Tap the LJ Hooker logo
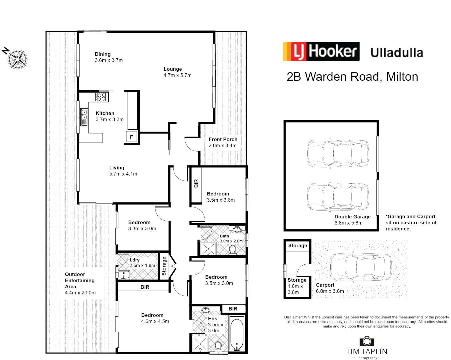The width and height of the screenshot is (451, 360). [x=321, y=51]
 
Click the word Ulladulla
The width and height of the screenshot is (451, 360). [x=397, y=53]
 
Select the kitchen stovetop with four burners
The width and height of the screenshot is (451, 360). [x=101, y=97]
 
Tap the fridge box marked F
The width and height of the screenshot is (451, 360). [x=131, y=137]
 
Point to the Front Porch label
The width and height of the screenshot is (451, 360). [x=223, y=139]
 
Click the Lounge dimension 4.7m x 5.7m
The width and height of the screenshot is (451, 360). [x=177, y=75]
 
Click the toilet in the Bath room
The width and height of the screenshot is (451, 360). [x=233, y=250]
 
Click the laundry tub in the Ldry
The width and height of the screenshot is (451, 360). [x=124, y=275]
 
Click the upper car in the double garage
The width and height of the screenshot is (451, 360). [x=337, y=153]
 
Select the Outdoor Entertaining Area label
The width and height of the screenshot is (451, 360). [x=80, y=283]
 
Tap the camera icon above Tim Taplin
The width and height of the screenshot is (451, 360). [x=367, y=341]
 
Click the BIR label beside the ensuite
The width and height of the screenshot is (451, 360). [x=233, y=309]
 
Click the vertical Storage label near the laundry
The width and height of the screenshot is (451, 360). [x=164, y=266]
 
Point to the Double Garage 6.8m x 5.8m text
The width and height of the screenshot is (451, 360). [x=352, y=220]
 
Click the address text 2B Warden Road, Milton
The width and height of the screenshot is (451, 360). [x=352, y=77]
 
